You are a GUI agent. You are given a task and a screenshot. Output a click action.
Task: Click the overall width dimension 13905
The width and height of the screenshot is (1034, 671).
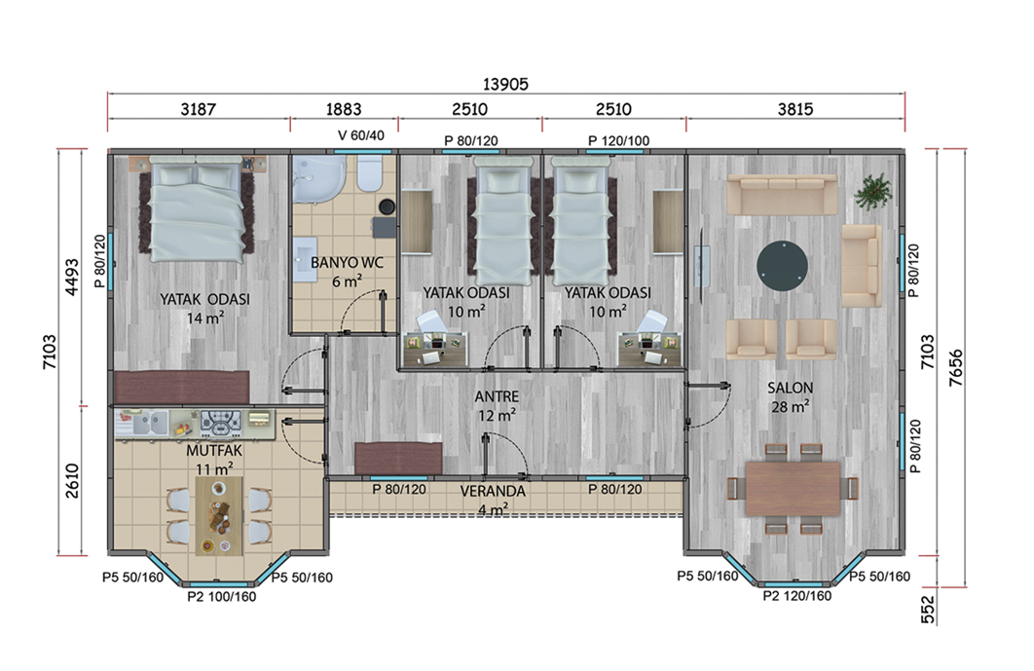[505, 85]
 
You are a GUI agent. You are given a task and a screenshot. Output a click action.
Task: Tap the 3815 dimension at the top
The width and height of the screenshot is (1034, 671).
[795, 109]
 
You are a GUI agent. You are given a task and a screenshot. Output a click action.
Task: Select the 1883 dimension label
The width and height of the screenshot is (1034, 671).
[344, 109]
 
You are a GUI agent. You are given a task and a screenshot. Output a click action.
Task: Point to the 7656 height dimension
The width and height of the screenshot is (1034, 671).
[955, 367]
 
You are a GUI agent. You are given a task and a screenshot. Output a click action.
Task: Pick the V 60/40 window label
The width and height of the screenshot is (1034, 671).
[360, 135]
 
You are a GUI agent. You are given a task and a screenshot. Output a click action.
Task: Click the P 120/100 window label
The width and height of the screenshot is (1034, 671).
[618, 140]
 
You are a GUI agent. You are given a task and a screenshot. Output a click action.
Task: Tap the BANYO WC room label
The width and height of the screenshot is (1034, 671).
[347, 263]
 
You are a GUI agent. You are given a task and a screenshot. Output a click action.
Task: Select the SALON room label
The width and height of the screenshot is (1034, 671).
[790, 388]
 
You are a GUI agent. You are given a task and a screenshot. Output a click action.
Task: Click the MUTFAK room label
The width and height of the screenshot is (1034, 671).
[214, 451]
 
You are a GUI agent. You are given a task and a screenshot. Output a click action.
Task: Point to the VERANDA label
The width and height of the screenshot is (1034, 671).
[493, 491]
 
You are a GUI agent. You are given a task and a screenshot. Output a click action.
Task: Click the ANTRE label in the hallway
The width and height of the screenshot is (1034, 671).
[497, 396]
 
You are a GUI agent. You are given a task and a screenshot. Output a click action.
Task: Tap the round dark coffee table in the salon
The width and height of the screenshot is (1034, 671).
[782, 266]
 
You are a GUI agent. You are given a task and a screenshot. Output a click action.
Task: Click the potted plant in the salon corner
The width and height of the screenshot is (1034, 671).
[872, 191]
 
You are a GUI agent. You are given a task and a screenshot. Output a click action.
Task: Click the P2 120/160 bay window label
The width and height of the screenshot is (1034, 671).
[797, 596]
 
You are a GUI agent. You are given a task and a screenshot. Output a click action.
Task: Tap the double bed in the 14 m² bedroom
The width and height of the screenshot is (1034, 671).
[197, 209]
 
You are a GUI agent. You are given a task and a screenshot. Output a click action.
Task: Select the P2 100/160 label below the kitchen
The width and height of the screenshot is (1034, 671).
[222, 596]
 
